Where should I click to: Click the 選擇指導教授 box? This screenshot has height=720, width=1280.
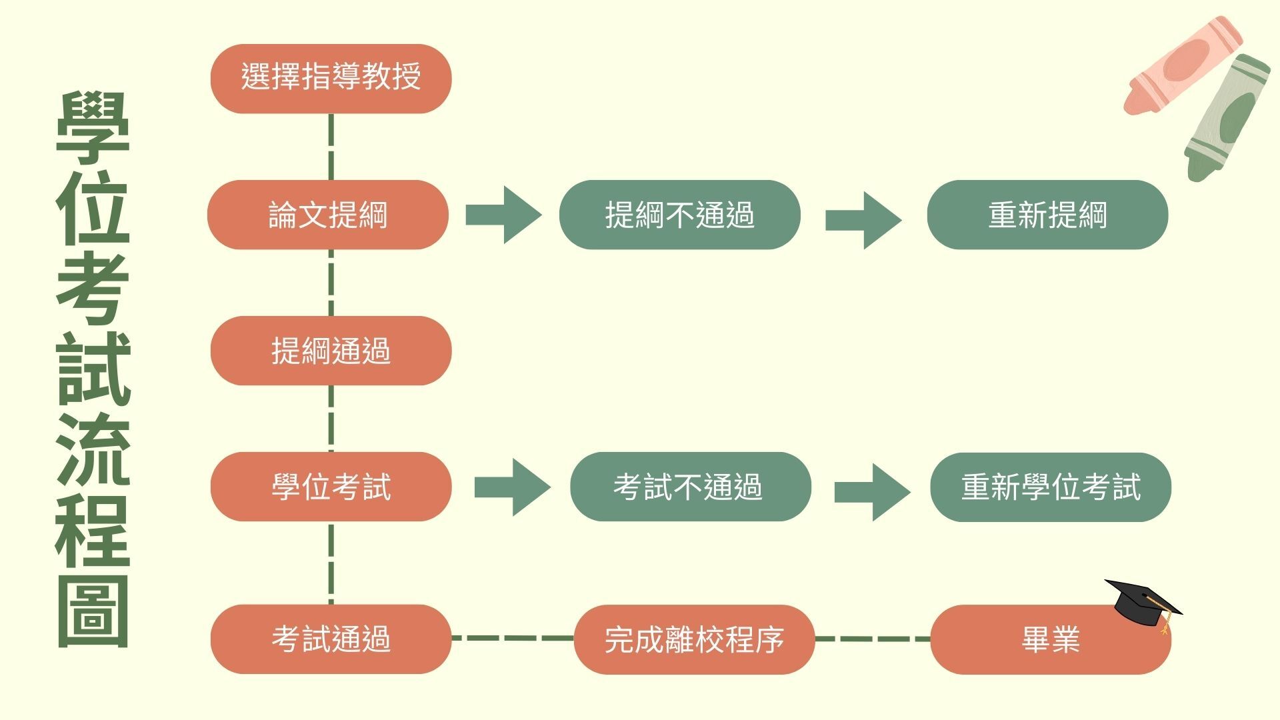tap(331, 79)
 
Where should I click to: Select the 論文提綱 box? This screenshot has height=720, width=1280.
tap(328, 215)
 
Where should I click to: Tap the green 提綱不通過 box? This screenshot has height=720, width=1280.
tap(679, 215)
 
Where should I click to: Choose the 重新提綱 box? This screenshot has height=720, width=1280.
tap(1047, 215)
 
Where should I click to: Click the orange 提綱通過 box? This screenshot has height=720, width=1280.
tap(331, 351)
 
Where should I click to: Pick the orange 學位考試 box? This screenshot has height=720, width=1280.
tap(331, 487)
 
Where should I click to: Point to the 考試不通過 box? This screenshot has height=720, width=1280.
tap(690, 487)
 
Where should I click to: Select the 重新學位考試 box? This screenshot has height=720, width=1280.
tap(1051, 487)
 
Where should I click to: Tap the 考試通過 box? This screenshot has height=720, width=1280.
tap(331, 639)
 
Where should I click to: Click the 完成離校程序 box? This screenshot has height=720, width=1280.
tap(694, 639)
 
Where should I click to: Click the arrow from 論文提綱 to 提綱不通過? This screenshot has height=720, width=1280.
tap(503, 215)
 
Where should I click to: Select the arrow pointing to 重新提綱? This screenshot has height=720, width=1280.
tap(863, 220)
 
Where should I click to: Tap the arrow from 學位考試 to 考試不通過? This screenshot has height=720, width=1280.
tap(512, 487)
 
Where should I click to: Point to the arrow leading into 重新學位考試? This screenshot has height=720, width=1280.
tap(872, 492)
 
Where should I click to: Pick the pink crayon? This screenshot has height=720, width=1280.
tap(1182, 65)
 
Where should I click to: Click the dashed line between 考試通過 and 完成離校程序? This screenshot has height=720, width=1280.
tap(512, 638)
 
